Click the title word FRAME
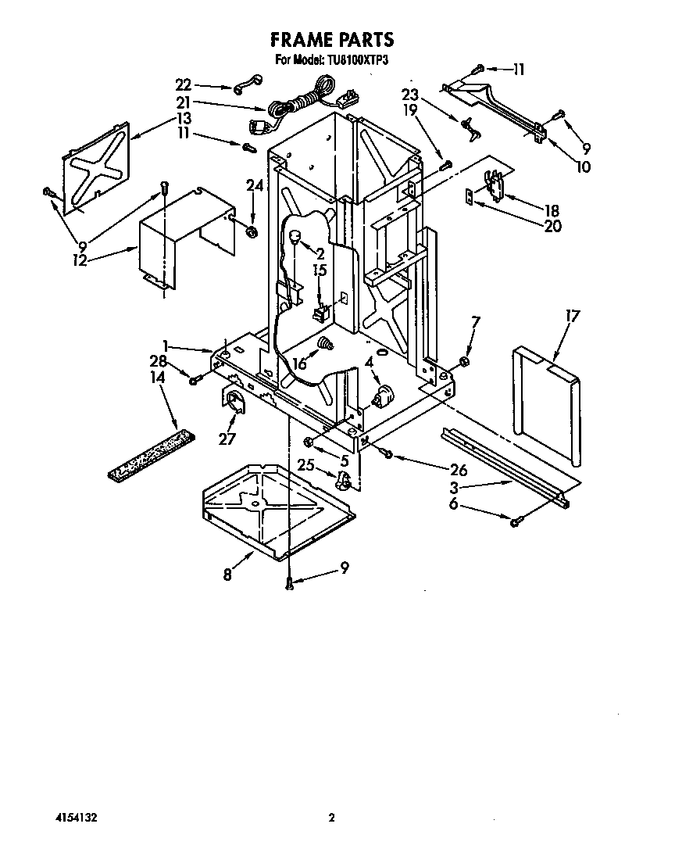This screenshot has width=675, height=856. click(302, 39)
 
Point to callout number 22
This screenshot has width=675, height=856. click(183, 84)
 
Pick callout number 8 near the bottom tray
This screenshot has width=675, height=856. click(227, 575)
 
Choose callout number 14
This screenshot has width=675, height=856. click(159, 378)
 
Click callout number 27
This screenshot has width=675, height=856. click(227, 439)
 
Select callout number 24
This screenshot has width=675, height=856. click(252, 185)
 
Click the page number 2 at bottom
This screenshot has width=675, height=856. click(331, 818)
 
